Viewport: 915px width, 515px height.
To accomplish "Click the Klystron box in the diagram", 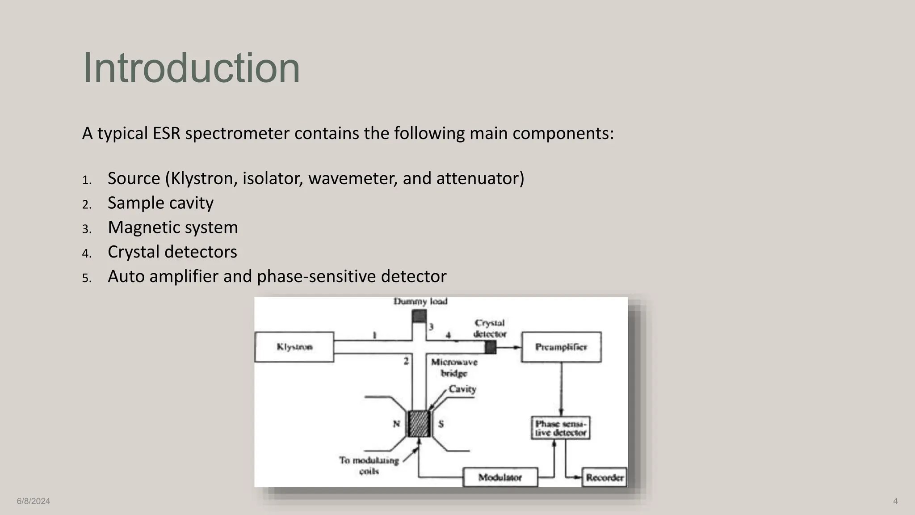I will click(294, 347).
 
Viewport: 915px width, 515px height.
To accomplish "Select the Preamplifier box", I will click(561, 347).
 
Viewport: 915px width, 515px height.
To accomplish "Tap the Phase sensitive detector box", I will click(560, 428).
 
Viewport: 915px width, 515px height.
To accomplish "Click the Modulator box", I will click(500, 477).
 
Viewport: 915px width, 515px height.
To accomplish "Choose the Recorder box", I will click(604, 477).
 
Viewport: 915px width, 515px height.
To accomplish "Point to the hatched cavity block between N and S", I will click(419, 424).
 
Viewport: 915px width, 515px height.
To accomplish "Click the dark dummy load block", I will click(419, 317).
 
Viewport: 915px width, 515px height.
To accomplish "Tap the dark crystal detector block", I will click(491, 347).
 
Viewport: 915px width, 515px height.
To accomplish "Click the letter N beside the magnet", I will click(396, 423).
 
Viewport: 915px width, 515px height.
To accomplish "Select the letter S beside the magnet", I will click(441, 423).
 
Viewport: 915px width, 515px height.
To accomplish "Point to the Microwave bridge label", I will click(454, 367).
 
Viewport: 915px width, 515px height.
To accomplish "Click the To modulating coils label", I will click(369, 465).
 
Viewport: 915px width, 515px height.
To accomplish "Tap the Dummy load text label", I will click(420, 301).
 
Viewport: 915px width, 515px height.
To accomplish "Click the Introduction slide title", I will click(191, 68).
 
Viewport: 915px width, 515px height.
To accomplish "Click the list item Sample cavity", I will click(160, 203).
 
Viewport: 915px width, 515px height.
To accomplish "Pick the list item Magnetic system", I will click(172, 228).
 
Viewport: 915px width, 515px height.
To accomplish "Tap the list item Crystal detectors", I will click(172, 252).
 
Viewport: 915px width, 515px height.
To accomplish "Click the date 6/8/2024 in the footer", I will click(34, 501).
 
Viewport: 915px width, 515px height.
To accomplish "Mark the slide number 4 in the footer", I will click(895, 501).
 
